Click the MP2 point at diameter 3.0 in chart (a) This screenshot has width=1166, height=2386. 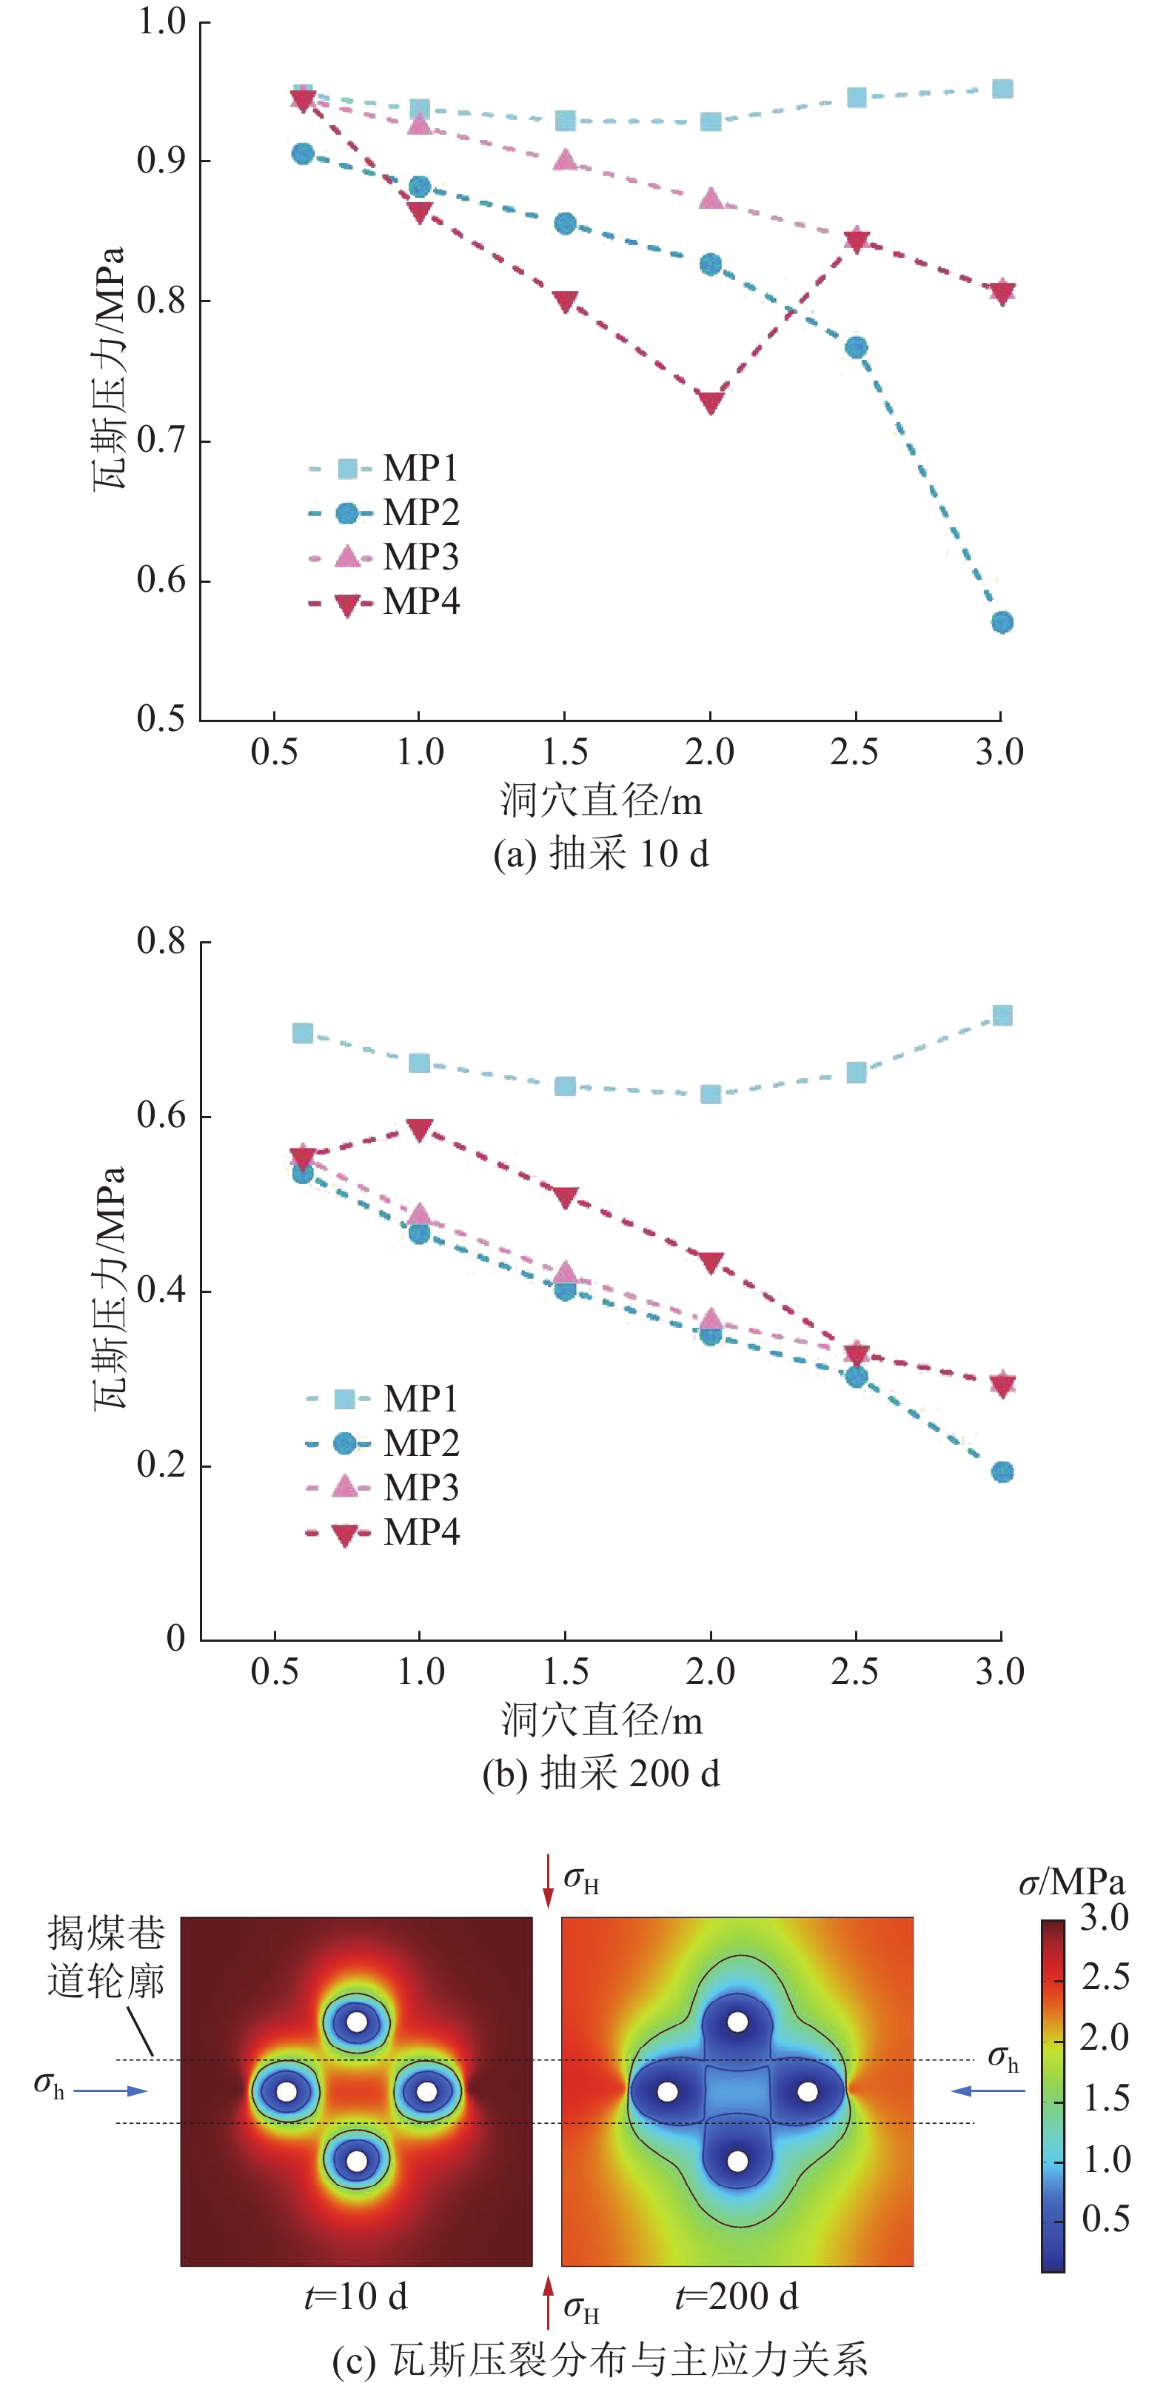[1001, 623]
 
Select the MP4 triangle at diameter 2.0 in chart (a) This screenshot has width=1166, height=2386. [711, 403]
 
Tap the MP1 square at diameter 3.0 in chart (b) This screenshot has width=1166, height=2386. [1001, 1016]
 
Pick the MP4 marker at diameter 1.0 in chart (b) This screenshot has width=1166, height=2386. [420, 1129]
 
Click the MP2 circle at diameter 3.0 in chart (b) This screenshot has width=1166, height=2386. [1001, 1471]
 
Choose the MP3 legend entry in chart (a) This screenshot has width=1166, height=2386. [383, 557]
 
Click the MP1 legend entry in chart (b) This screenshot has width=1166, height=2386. [383, 1399]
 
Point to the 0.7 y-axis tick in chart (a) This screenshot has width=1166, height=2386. [162, 440]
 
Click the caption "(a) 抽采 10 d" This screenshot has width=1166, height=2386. [601, 853]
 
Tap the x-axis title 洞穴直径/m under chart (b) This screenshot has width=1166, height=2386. [601, 1721]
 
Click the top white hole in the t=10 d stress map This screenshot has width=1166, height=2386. [357, 2022]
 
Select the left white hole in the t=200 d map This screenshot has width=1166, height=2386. [667, 2091]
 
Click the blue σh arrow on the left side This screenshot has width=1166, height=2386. [110, 2091]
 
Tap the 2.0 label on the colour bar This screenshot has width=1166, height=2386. [1104, 2036]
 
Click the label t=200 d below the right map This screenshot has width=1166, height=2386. [737, 2297]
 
